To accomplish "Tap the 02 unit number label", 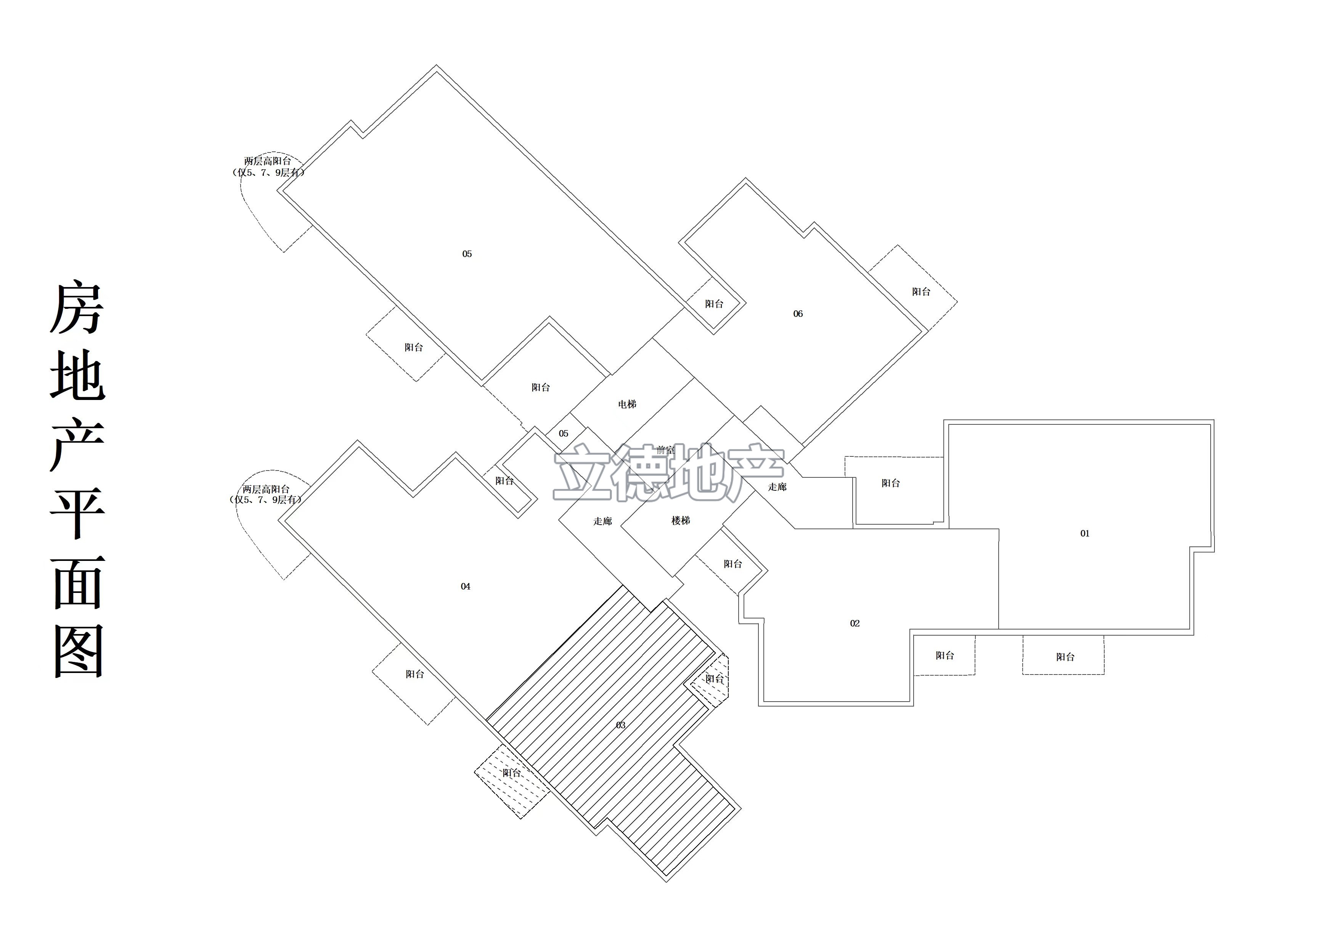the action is tap(855, 624).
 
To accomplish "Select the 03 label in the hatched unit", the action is tap(621, 725).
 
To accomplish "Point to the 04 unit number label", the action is tap(466, 586).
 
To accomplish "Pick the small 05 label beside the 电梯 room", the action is tap(564, 434).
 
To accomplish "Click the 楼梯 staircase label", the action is tap(681, 520).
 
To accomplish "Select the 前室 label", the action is tap(665, 450).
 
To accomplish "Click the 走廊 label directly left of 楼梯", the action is tap(602, 521).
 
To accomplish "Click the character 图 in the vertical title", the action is tap(78, 651).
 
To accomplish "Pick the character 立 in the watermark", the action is tap(583, 473).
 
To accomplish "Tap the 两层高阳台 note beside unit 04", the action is tap(266, 490).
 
